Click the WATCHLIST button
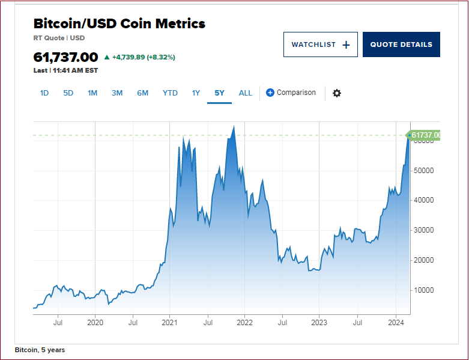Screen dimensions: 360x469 pos(320,44)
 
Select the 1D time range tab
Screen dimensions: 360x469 pos(44,93)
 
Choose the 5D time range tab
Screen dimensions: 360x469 pos(68,93)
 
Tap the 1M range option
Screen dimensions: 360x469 pos(92,93)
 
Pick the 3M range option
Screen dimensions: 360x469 pos(116,93)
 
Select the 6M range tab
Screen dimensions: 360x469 pos(142,93)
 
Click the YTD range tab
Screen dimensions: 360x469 pos(170,93)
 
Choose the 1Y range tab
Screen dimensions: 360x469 pos(196,93)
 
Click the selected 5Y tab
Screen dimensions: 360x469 pos(219,93)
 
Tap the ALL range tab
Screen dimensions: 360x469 pos(246,93)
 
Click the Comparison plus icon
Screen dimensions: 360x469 pos(270,93)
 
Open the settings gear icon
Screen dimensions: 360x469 pos(337,93)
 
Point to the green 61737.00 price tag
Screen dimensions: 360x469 pos(425,135)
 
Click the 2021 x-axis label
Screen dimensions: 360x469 pos(170,323)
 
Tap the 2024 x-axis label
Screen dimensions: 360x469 pos(396,323)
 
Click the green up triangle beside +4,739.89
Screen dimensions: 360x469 pos(107,58)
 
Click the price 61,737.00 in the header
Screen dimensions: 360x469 pos(65,57)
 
